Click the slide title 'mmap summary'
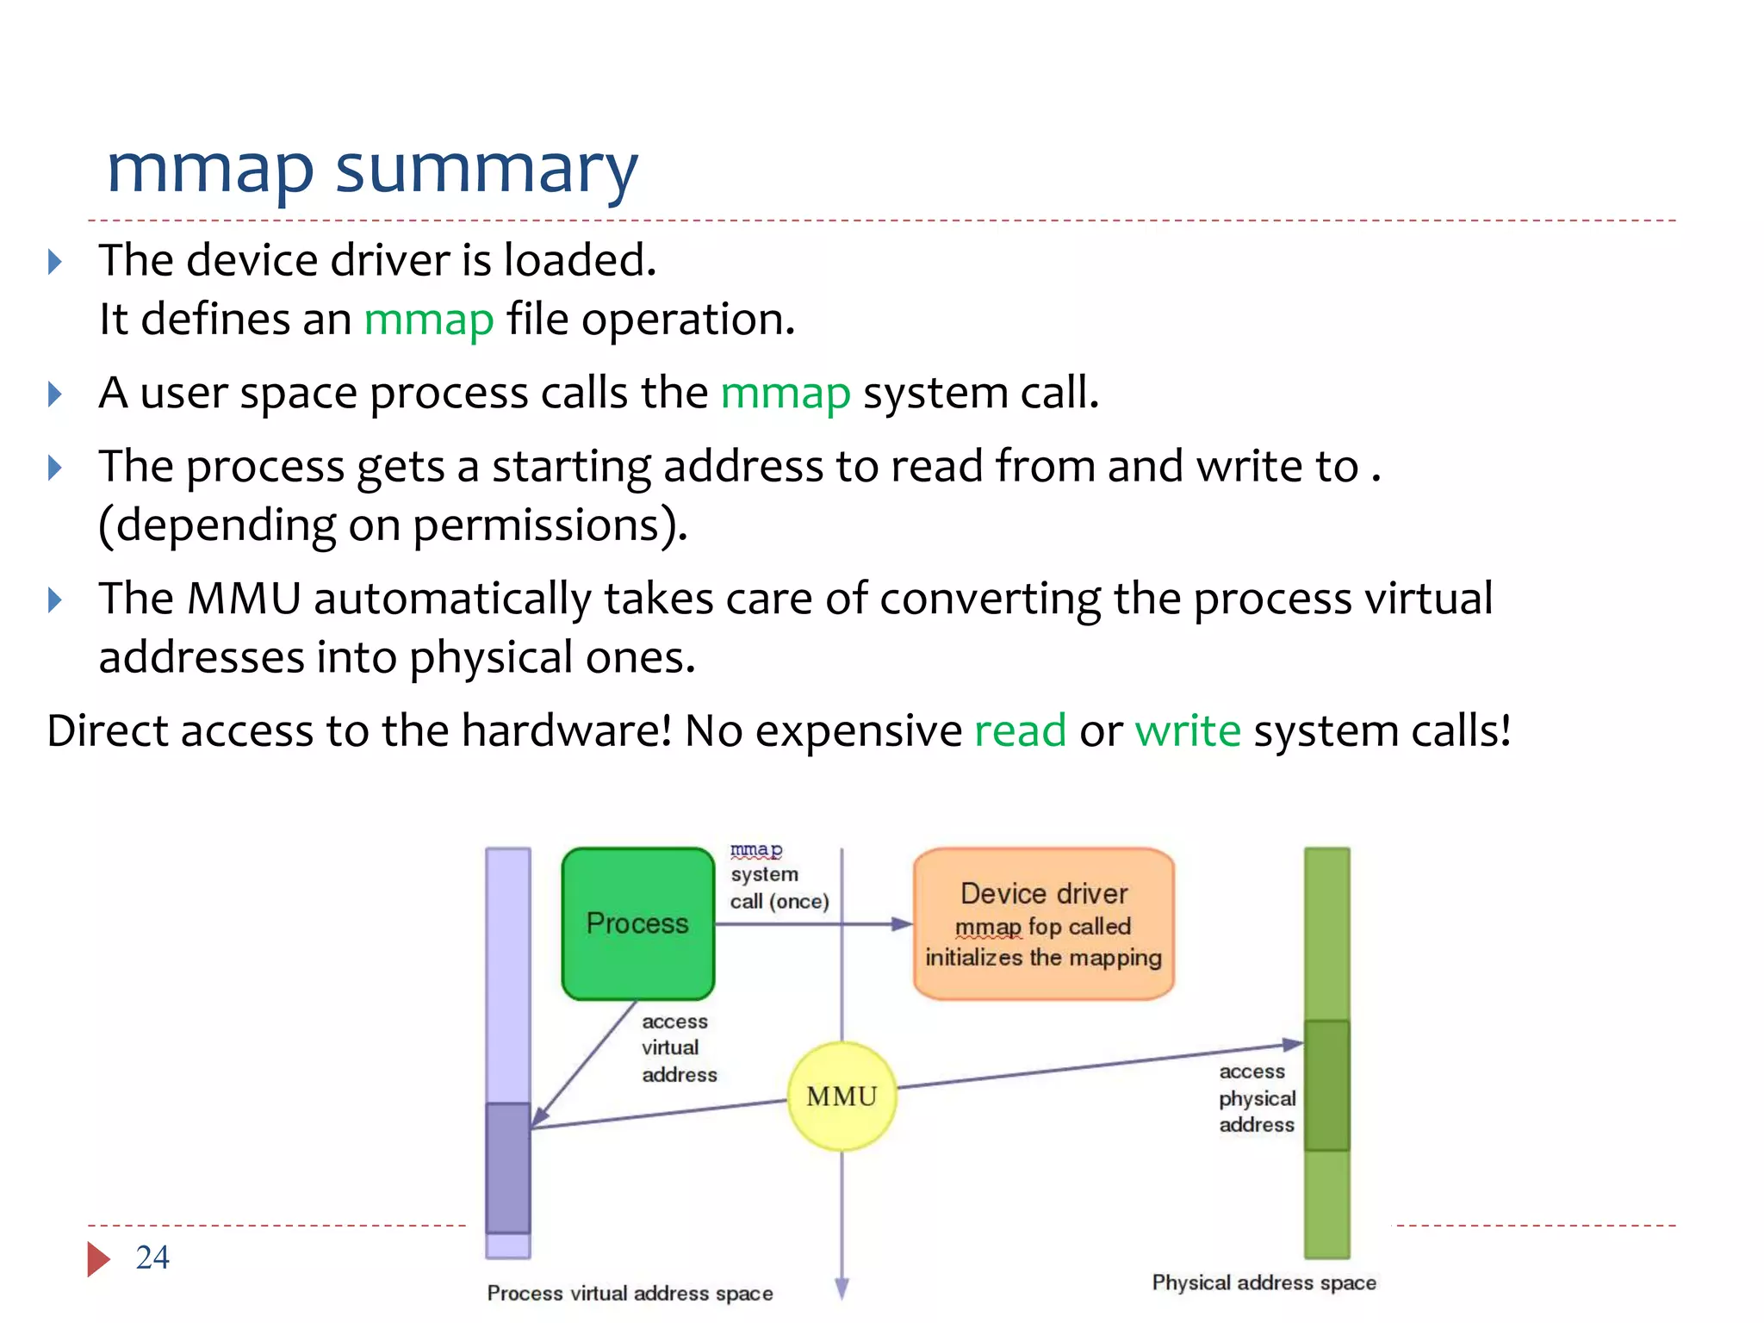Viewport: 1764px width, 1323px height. [371, 170]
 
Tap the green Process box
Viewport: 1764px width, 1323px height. [637, 923]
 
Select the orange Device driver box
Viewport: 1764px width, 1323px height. [1043, 923]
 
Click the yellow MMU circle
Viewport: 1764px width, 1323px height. [842, 1096]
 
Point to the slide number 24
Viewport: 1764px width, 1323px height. [152, 1258]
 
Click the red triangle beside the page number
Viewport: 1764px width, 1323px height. [97, 1259]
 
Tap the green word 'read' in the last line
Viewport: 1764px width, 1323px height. [1020, 730]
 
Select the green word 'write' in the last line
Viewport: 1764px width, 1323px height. [1188, 730]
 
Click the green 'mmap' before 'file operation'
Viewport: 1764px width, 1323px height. [429, 320]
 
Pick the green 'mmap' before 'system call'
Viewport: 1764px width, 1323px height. [786, 394]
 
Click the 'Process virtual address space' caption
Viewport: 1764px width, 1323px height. [630, 1293]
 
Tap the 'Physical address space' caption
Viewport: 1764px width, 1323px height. [1264, 1283]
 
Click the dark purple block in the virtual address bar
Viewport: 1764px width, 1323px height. [507, 1167]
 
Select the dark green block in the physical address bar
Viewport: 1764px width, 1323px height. [1326, 1085]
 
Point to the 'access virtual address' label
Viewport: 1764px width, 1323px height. [678, 1047]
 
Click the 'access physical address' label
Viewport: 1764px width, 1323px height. [1257, 1097]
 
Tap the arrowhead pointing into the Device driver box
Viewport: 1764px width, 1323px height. [901, 924]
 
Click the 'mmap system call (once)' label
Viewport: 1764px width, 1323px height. [778, 876]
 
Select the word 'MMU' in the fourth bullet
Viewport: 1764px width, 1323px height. [244, 599]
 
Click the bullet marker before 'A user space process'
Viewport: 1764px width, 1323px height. [55, 394]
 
